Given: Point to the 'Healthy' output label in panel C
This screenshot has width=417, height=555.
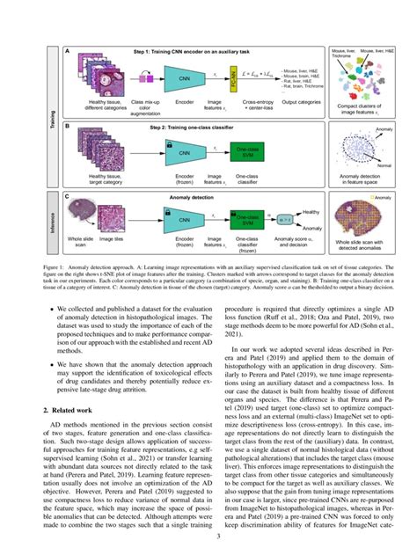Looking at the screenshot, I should [310, 212].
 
